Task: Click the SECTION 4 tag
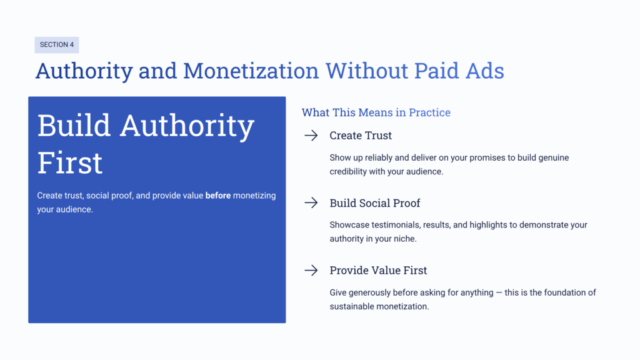56,45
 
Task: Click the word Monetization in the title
250,71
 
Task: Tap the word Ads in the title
483,71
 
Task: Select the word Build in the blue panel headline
74,126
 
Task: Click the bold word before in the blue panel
218,196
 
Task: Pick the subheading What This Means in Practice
376,112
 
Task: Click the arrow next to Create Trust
311,136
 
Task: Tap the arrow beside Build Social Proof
311,202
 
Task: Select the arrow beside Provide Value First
311,270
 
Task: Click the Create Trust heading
361,136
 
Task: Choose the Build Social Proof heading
375,202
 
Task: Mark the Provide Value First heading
378,270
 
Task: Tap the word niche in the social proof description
402,239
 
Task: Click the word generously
375,292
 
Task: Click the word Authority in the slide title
84,71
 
